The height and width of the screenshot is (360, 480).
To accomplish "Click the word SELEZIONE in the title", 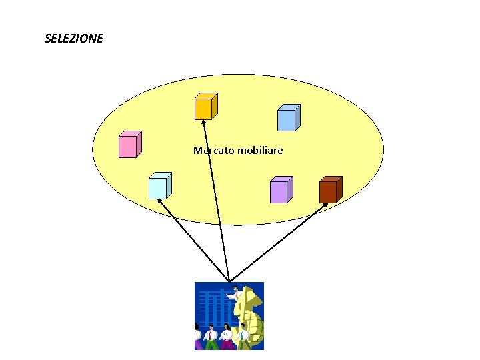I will coord(73,39).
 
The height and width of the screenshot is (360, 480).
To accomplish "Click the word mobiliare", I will coord(259,151).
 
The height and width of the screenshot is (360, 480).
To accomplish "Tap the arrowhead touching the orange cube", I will coord(203,123).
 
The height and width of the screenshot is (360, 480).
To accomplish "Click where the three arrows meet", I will coord(229,281).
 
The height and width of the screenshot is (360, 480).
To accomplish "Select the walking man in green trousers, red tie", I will coord(211,337).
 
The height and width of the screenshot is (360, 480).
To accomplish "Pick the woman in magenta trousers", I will coord(227,337).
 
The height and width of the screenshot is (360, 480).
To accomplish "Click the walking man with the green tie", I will coord(244,337).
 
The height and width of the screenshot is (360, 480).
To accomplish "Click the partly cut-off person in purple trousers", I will coord(197,337).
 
